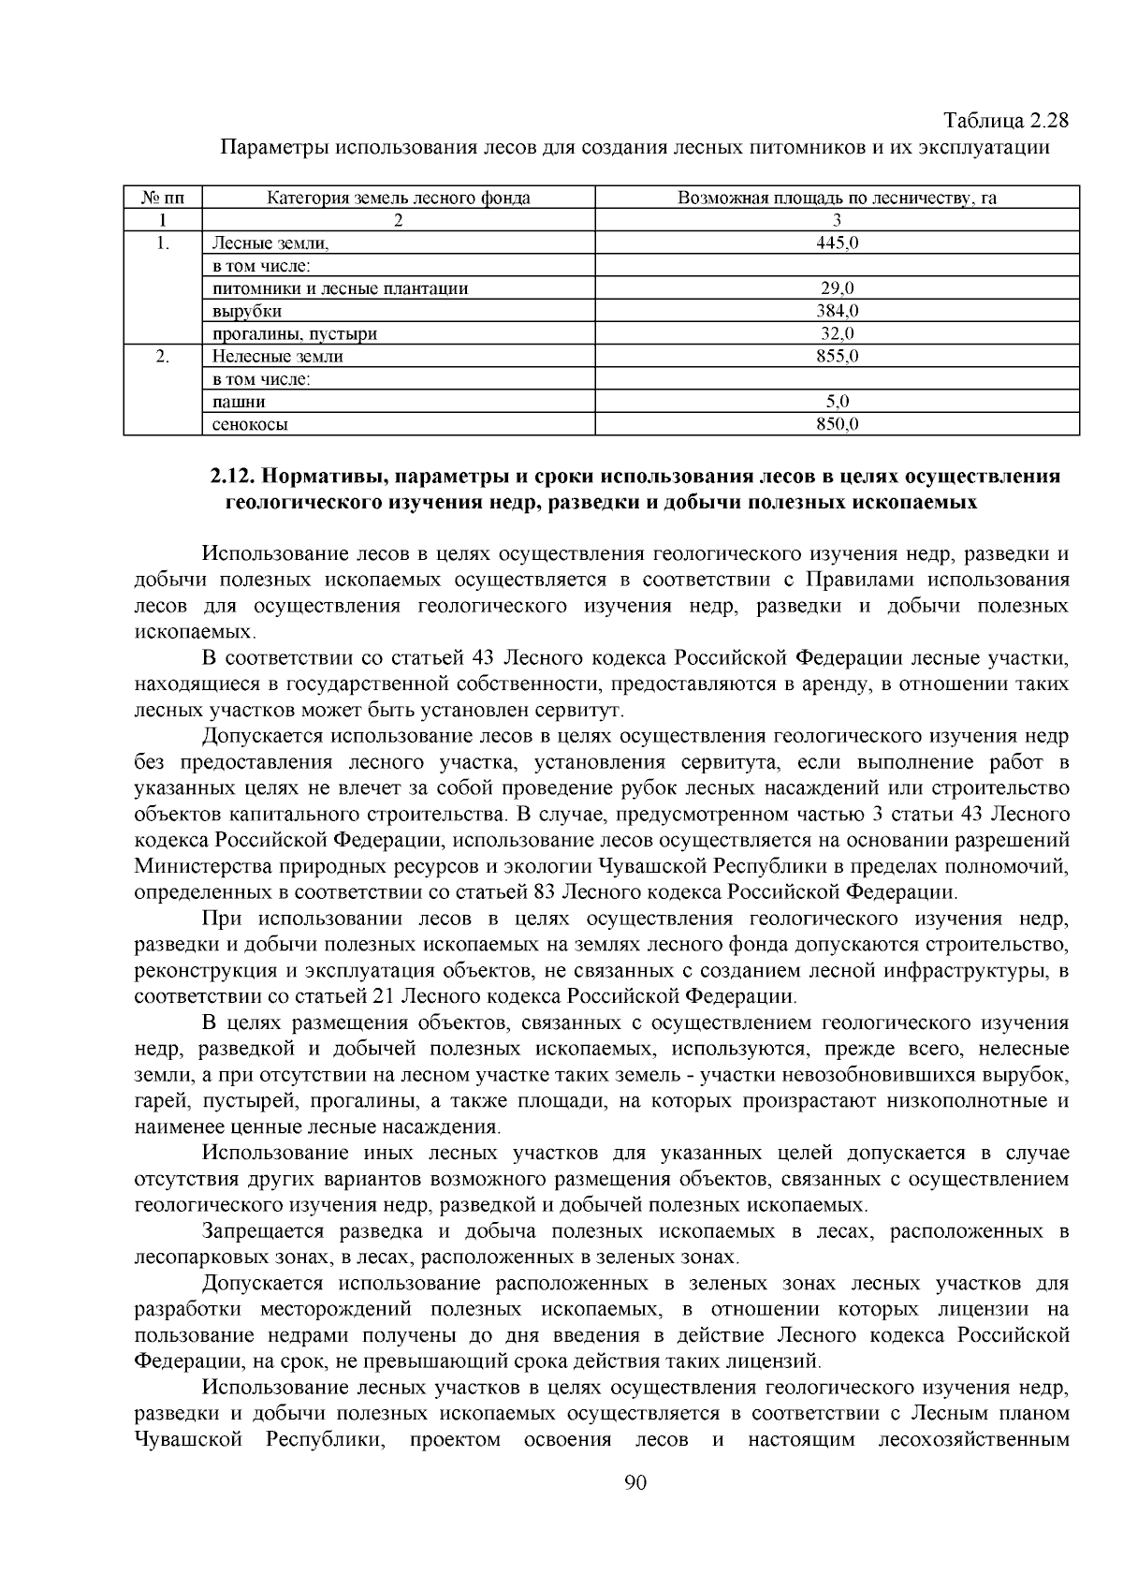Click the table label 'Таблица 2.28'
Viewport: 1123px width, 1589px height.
click(1005, 122)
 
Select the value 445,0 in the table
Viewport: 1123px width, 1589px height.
click(838, 243)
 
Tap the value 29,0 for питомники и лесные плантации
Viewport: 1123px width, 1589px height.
click(838, 288)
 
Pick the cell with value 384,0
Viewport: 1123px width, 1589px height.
click(838, 311)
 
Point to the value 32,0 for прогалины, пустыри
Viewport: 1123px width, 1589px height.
click(838, 333)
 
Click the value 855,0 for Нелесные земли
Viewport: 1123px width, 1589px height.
click(838, 356)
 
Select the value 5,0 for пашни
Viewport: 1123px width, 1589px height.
click(838, 402)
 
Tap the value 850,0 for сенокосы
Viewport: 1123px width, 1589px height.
click(838, 424)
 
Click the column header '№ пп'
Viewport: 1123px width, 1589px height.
click(163, 198)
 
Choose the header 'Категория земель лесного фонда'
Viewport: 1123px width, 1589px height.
click(399, 198)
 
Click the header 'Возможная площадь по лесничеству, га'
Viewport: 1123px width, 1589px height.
click(838, 198)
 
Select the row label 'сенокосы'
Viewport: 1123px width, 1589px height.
click(250, 424)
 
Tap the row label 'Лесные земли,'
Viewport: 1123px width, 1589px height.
click(271, 243)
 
